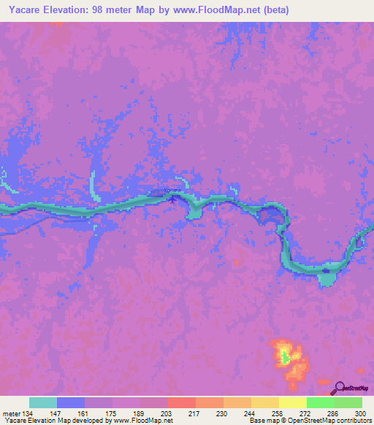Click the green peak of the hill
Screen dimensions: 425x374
coord(284,357)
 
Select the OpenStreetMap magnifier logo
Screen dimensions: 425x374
coord(338,388)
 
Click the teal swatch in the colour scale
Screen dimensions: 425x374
coord(43,402)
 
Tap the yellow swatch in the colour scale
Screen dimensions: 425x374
coord(292,402)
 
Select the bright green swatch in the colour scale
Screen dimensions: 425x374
coord(320,402)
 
